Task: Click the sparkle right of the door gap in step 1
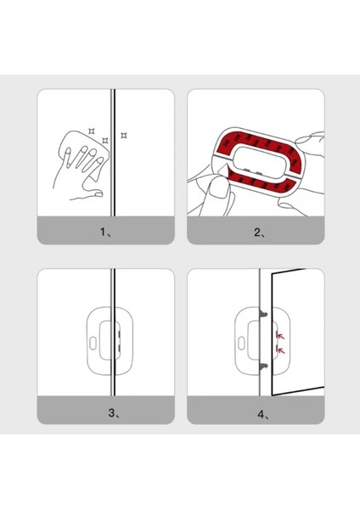click(124, 135)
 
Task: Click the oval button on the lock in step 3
click(93, 344)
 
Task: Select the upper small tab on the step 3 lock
click(119, 334)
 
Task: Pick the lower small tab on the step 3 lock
click(119, 349)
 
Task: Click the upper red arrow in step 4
click(281, 336)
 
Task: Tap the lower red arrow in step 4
click(281, 350)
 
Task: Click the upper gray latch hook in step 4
click(263, 314)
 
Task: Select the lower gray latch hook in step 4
click(263, 367)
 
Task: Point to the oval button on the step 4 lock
click(241, 344)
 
